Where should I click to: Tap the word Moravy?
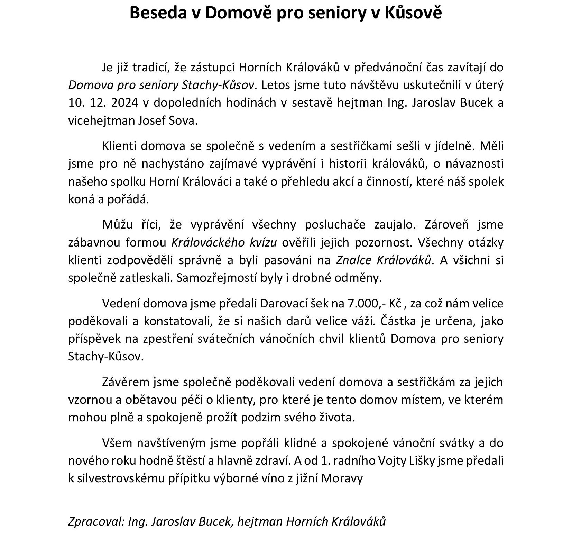coord(342,478)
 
